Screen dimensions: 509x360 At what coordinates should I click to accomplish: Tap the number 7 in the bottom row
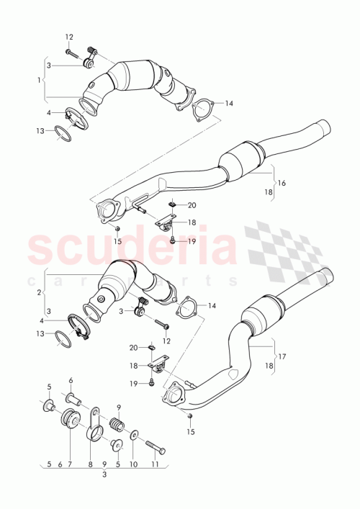point(69,464)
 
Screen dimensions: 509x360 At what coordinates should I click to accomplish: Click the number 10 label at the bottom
point(132,464)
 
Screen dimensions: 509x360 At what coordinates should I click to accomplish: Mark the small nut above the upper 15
point(117,228)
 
